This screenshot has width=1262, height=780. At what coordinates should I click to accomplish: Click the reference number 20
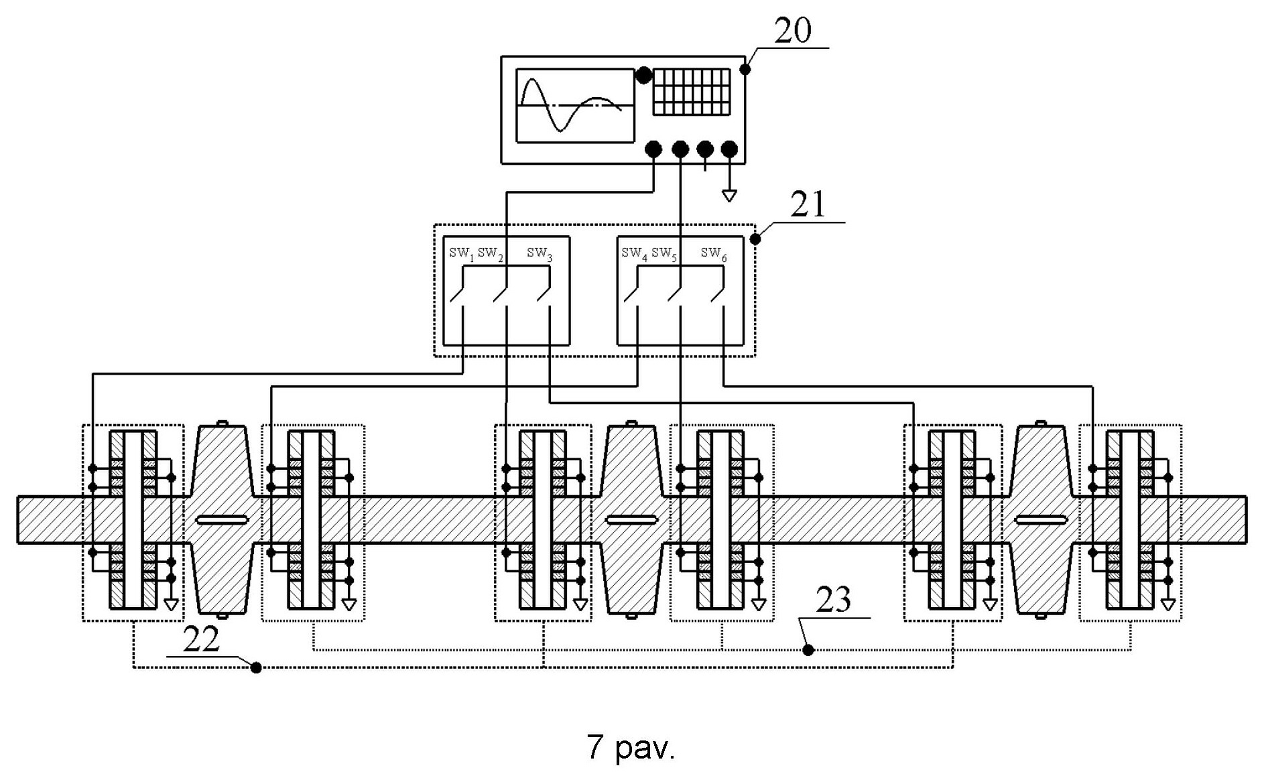792,31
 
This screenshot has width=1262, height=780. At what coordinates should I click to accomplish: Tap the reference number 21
808,204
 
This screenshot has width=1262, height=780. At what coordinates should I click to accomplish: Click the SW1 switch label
461,253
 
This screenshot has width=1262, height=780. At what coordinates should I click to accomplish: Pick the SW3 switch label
540,253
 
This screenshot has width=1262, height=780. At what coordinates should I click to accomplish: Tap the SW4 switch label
634,253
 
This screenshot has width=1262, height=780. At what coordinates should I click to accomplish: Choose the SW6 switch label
714,253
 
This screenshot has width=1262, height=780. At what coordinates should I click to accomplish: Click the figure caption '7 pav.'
631,747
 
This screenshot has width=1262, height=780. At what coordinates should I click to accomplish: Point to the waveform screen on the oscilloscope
575,106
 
